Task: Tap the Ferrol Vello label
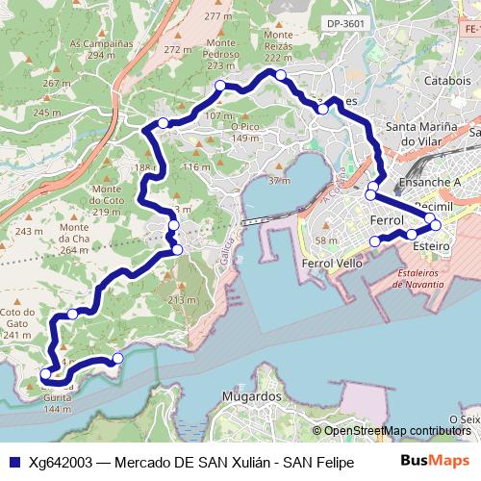pyautogui.click(x=332, y=263)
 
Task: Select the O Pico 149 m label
pyautogui.click(x=246, y=133)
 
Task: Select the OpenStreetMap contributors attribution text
pyautogui.click(x=395, y=430)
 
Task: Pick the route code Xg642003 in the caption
pyautogui.click(x=61, y=462)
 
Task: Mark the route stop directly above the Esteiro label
pyautogui.click(x=413, y=234)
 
